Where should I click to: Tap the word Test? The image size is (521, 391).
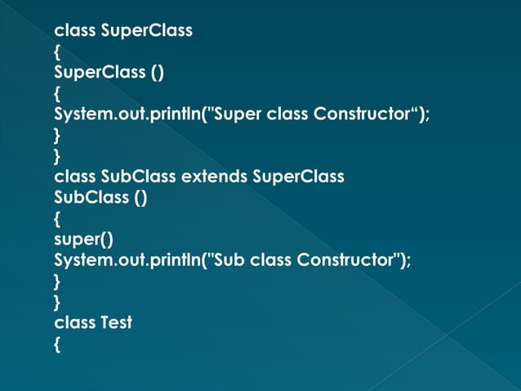[115, 322]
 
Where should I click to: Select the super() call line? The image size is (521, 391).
[82, 239]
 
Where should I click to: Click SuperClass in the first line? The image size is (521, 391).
[146, 31]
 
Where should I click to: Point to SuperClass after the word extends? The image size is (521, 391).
[299, 176]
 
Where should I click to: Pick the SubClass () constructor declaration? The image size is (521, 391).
[100, 197]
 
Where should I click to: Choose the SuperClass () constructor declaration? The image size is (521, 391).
[109, 73]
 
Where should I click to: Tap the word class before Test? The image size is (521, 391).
[74, 322]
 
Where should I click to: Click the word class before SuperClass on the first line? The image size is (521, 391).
[74, 31]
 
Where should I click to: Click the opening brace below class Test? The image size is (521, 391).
[57, 344]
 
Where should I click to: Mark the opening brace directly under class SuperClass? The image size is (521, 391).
[57, 52]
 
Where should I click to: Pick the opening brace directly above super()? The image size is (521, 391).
[57, 218]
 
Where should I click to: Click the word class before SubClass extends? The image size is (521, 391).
[74, 176]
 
